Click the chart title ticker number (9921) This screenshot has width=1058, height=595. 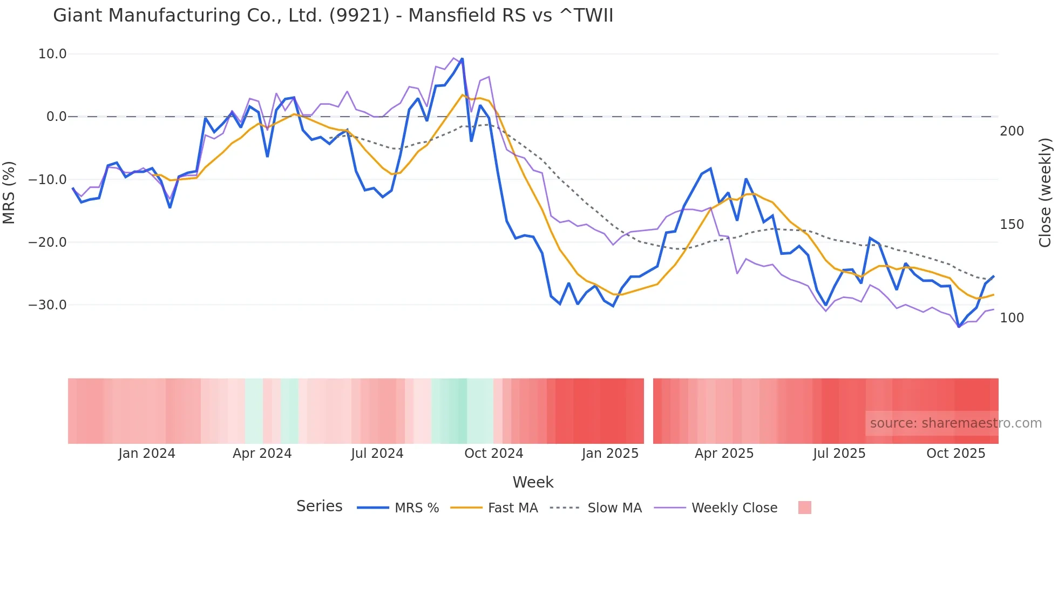(359, 16)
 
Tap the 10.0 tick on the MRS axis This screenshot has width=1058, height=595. (52, 54)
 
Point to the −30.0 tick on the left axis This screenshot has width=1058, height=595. (48, 305)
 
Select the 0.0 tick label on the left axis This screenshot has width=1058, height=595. (56, 117)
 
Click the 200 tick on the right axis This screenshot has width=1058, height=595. (1012, 131)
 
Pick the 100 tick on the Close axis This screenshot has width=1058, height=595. (1012, 318)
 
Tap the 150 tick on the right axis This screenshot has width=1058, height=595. (1012, 225)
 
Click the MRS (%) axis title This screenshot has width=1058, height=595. (9, 192)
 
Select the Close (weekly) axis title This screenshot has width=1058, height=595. (1046, 192)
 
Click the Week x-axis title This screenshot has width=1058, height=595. (533, 482)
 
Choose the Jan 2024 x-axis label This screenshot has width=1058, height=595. (147, 454)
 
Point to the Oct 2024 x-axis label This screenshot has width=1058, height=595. (494, 454)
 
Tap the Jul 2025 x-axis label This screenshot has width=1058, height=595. (839, 454)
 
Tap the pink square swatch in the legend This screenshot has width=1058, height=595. (804, 508)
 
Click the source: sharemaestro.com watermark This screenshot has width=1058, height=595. (955, 423)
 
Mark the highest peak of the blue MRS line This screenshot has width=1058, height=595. (462, 59)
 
